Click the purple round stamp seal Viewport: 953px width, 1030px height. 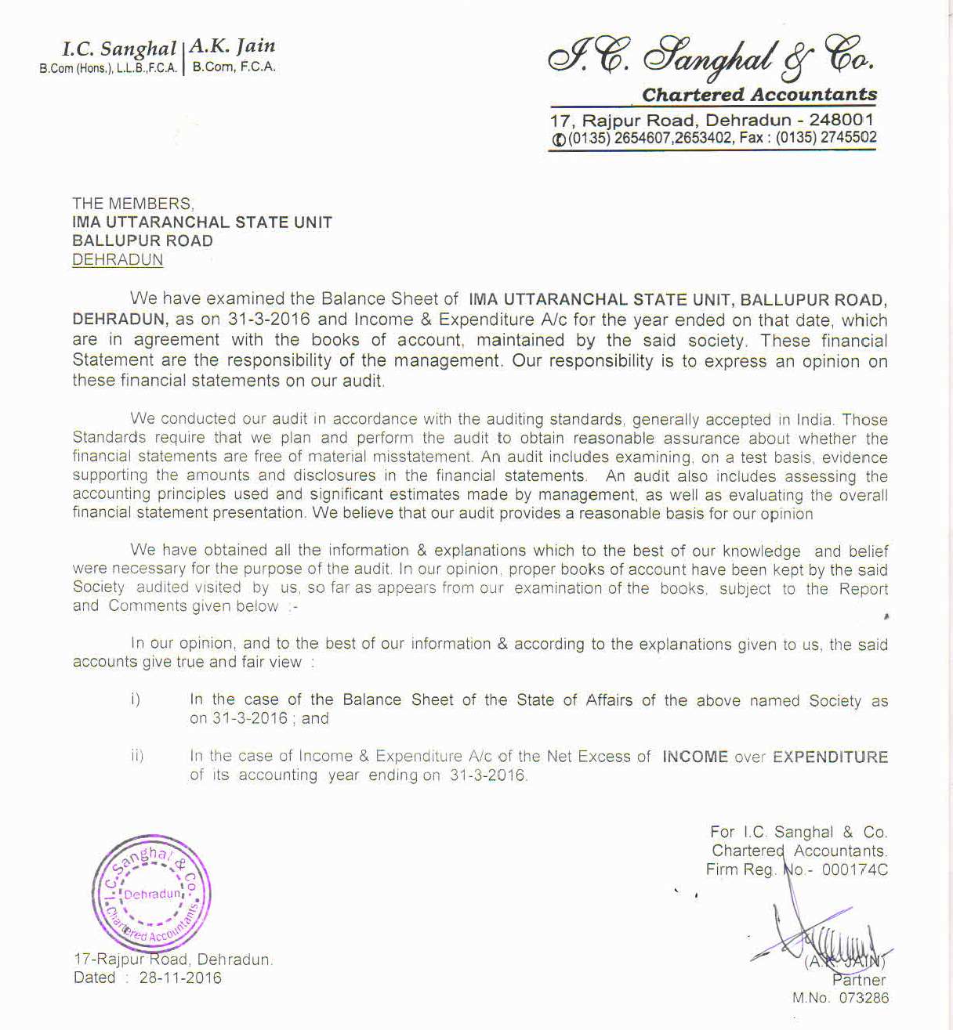pyautogui.click(x=151, y=894)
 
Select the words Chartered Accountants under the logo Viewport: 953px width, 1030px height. pyautogui.click(x=759, y=95)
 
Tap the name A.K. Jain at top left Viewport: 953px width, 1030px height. pyautogui.click(x=233, y=46)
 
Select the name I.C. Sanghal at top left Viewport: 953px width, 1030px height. pyautogui.click(x=119, y=49)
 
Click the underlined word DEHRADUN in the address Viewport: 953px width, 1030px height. pyautogui.click(x=118, y=260)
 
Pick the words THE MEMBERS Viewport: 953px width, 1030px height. pyautogui.click(x=132, y=204)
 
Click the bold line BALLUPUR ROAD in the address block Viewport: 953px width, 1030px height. pyautogui.click(x=142, y=241)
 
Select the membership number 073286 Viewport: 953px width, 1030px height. pyautogui.click(x=864, y=998)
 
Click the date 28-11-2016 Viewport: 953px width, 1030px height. pyautogui.click(x=180, y=978)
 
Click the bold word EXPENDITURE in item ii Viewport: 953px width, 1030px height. pyautogui.click(x=830, y=757)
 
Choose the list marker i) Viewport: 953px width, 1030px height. pyautogui.click(x=136, y=699)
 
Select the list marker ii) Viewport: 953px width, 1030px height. pyautogui.click(x=137, y=756)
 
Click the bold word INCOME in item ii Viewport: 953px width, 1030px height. pyautogui.click(x=695, y=757)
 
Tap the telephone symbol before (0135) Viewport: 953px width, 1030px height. pyautogui.click(x=558, y=139)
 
